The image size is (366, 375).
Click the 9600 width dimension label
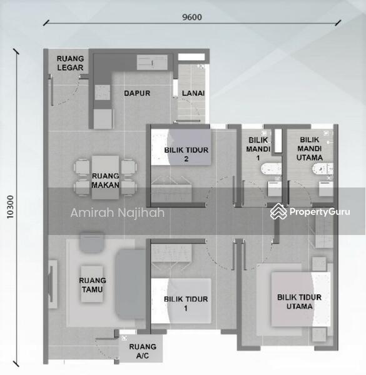point(192,17)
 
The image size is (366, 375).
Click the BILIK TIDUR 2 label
point(186,154)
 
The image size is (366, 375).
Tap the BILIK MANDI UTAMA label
point(311,149)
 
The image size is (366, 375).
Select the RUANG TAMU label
point(92,285)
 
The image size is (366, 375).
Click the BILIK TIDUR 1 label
point(186,304)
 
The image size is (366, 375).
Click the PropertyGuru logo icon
point(278,212)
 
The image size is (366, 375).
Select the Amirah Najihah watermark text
point(117,213)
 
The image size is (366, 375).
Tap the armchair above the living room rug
point(91,242)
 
